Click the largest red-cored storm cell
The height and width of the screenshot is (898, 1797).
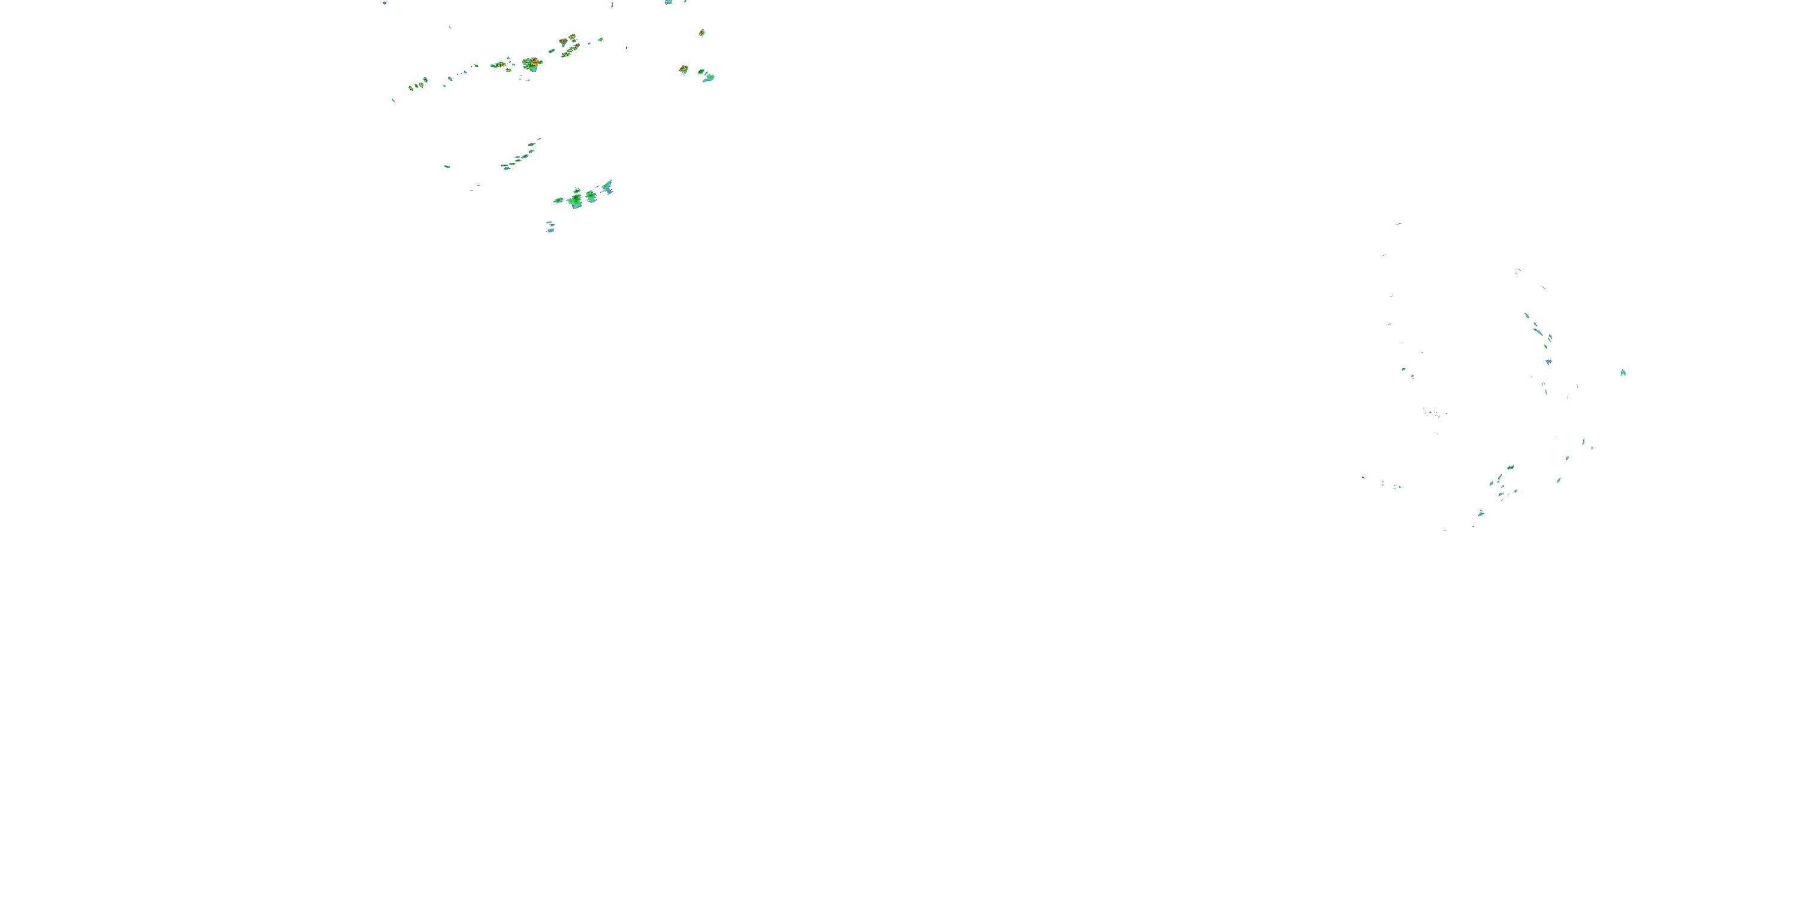(x=533, y=63)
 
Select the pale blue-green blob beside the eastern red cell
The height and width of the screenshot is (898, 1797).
(x=708, y=77)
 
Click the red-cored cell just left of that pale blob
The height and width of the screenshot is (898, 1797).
(x=683, y=69)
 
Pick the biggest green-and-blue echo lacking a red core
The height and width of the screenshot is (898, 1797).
(x=575, y=201)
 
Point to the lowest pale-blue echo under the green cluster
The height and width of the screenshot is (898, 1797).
(x=550, y=230)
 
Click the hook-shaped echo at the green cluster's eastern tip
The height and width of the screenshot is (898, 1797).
(x=609, y=186)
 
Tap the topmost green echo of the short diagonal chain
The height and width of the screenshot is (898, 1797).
(x=531, y=144)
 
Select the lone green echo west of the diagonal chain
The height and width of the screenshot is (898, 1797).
(x=446, y=166)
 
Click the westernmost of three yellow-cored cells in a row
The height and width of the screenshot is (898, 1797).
(x=411, y=88)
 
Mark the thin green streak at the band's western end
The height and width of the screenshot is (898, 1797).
(x=394, y=101)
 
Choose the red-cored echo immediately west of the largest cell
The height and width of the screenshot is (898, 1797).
(x=500, y=65)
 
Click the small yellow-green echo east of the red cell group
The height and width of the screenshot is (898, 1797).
(x=600, y=39)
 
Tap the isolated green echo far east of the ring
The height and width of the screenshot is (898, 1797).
(x=1623, y=372)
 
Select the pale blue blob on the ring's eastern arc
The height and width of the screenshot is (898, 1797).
(x=1548, y=361)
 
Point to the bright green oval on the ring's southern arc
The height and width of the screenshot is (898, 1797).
(x=1510, y=467)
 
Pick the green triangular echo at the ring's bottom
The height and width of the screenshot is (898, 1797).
(x=1480, y=513)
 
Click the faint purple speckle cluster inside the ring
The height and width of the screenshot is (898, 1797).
(x=1433, y=414)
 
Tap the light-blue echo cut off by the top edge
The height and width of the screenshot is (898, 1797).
(x=668, y=2)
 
